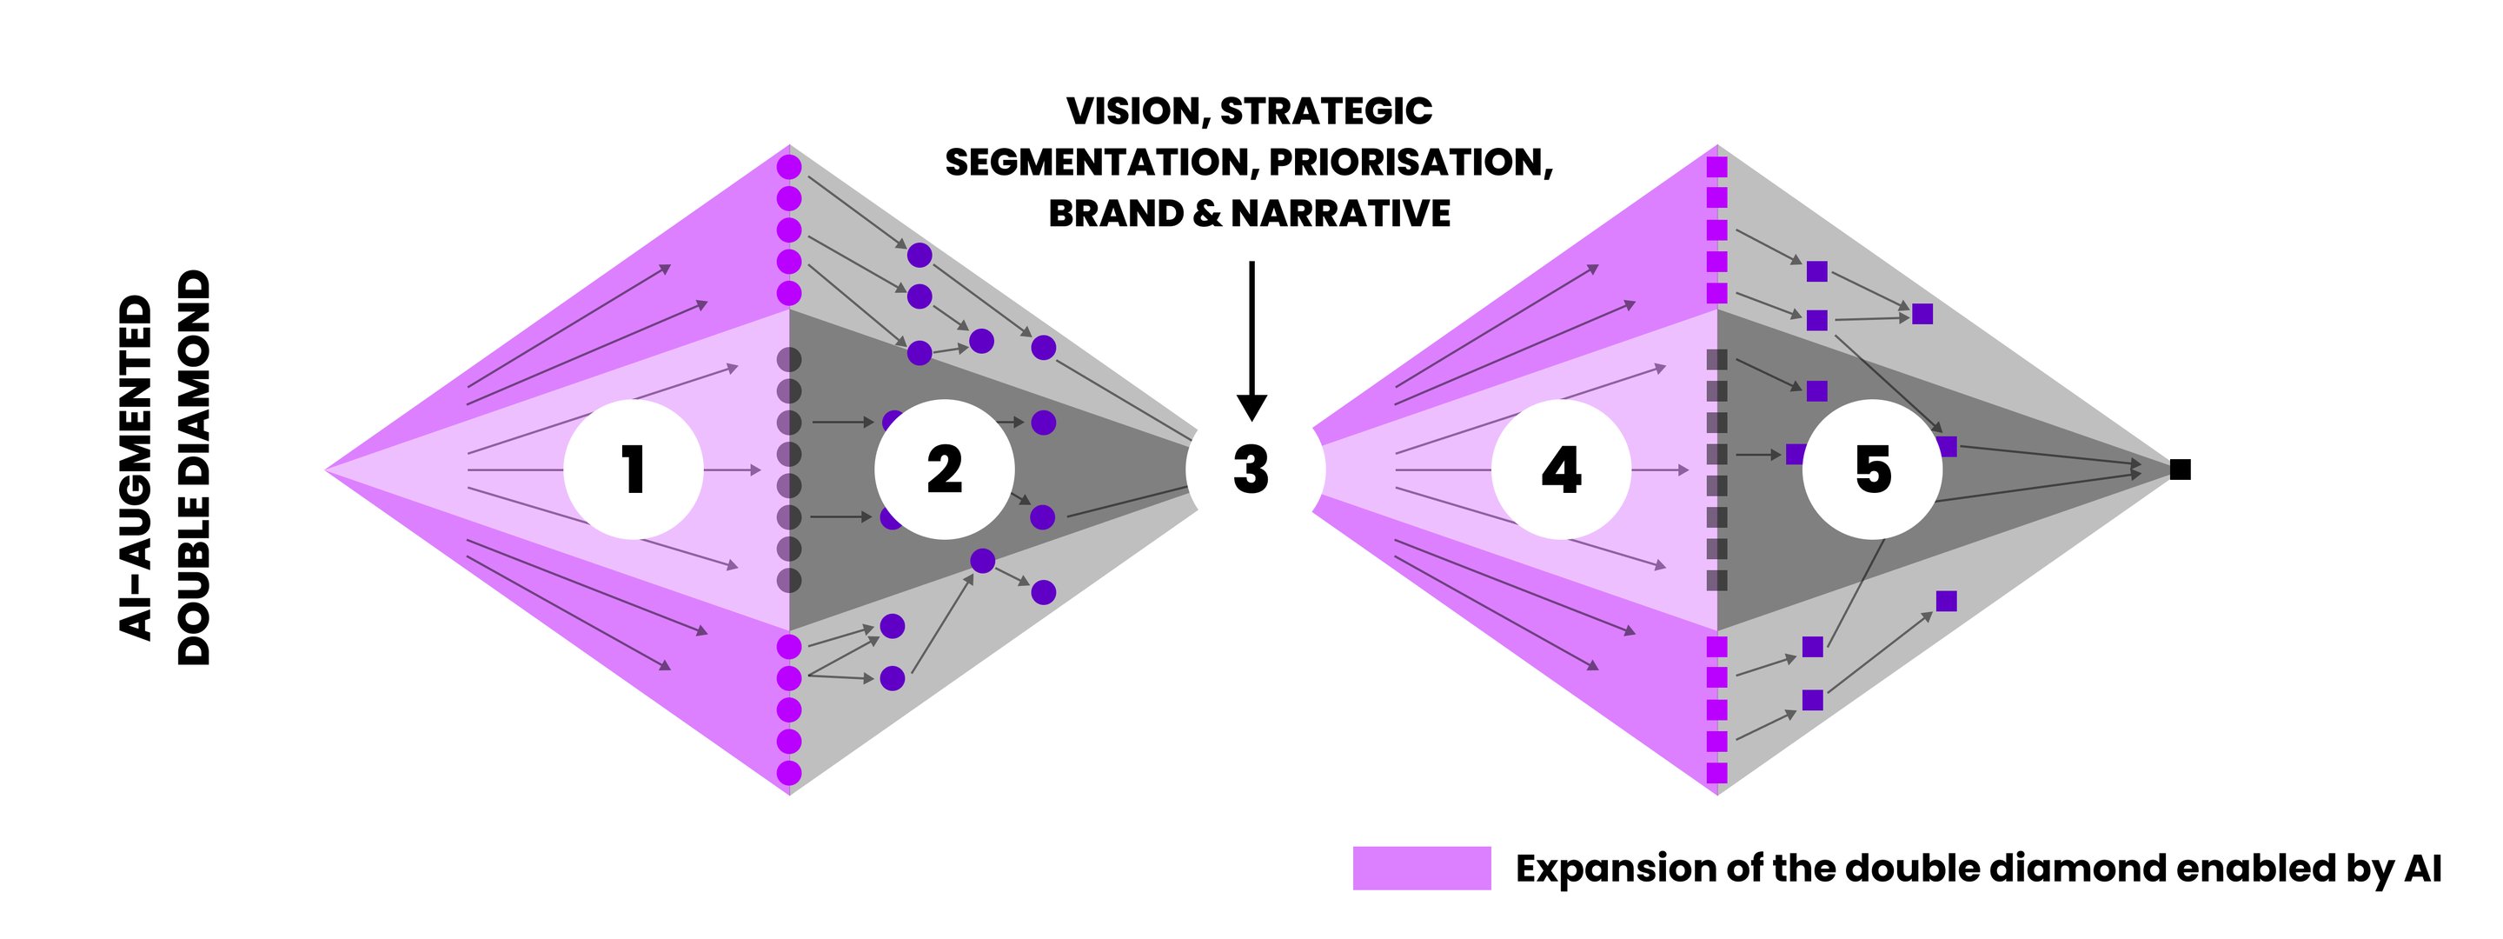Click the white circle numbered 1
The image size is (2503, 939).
[x=634, y=469]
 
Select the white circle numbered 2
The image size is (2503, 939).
[x=945, y=469]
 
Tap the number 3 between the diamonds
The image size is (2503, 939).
[x=1251, y=469]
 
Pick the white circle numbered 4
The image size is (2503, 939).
[x=1562, y=469]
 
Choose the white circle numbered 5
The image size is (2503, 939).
[x=1872, y=469]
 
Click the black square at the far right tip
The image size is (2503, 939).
[x=2181, y=469]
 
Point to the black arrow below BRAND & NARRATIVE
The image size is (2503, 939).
[x=1251, y=340]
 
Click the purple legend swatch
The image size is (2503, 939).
[x=1422, y=868]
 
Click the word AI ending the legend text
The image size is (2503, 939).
[x=2423, y=868]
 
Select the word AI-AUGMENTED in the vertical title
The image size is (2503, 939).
[x=136, y=467]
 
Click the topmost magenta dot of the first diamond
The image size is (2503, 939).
[x=789, y=167]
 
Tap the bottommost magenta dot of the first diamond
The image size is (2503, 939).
[x=789, y=773]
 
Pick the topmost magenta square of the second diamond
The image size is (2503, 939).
[x=1717, y=167]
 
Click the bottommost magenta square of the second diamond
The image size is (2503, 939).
[x=1717, y=773]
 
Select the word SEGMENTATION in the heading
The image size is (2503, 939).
[x=1097, y=163]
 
